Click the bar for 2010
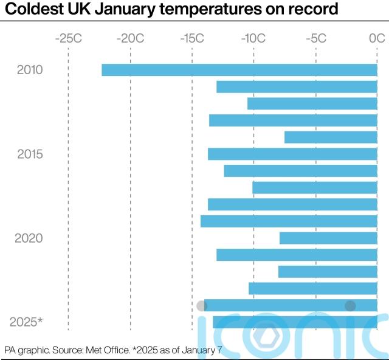239,70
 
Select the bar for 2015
292,154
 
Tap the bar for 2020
328,238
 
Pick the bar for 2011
297,87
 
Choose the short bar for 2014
331,137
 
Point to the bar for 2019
289,221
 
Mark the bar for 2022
328,271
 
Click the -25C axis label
68,38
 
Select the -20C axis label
130,38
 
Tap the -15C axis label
192,38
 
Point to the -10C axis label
253,38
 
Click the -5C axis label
316,38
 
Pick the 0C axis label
377,38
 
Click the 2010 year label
30,70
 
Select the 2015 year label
30,154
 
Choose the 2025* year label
27,322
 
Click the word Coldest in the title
30,10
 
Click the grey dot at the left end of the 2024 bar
201,305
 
